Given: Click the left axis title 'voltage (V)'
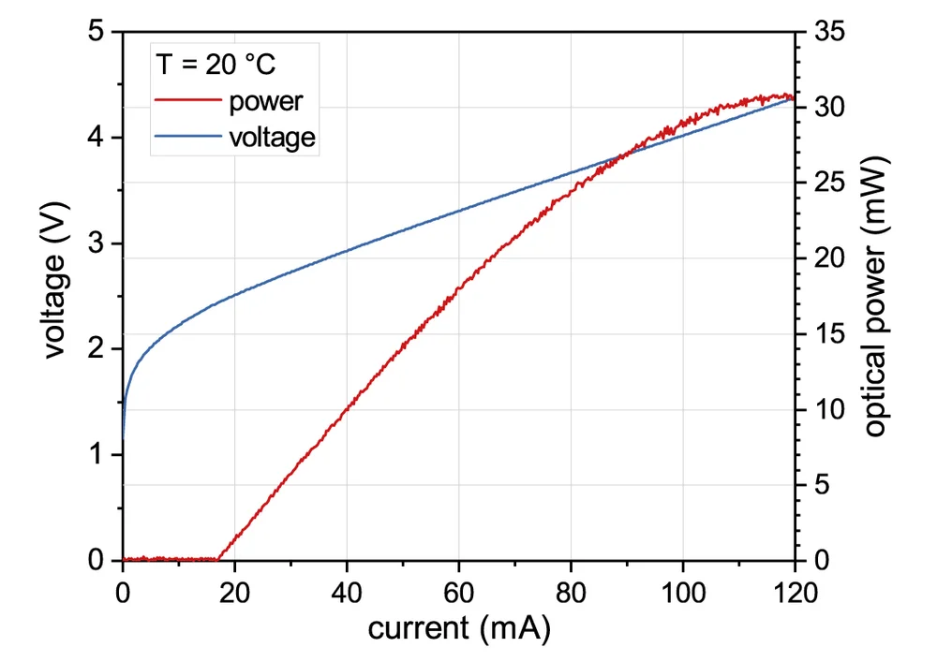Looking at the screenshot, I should tap(57, 295).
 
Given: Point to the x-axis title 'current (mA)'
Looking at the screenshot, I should tap(459, 627).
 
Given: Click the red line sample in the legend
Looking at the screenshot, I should tap(186, 100).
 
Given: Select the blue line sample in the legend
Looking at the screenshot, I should tap(186, 137).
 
